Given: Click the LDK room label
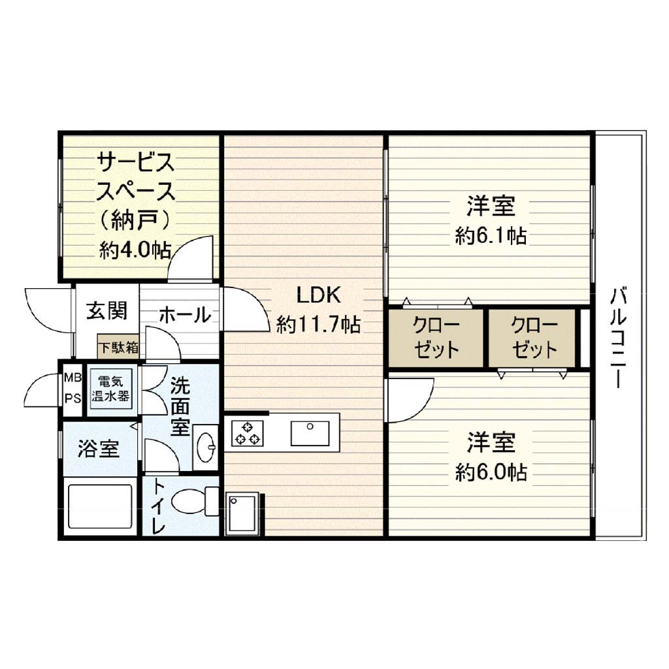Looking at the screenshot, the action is pos(319,295).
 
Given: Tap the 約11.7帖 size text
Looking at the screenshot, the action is pos(319,325).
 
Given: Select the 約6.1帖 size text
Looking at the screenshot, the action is pos(491,236).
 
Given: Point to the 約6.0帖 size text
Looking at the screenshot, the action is pos(491,472).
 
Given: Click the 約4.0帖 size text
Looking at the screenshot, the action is pos(135,250).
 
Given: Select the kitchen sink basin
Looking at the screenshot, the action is pos(310,434).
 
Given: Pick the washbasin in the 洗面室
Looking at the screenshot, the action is pos(206,448).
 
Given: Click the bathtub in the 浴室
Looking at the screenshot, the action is pos(101,506).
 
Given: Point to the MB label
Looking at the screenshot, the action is pos(73,378).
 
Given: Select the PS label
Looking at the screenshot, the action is pos(73,399).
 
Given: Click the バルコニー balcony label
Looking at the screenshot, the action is pos(619,338).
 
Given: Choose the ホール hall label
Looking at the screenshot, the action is pos(185,315).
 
